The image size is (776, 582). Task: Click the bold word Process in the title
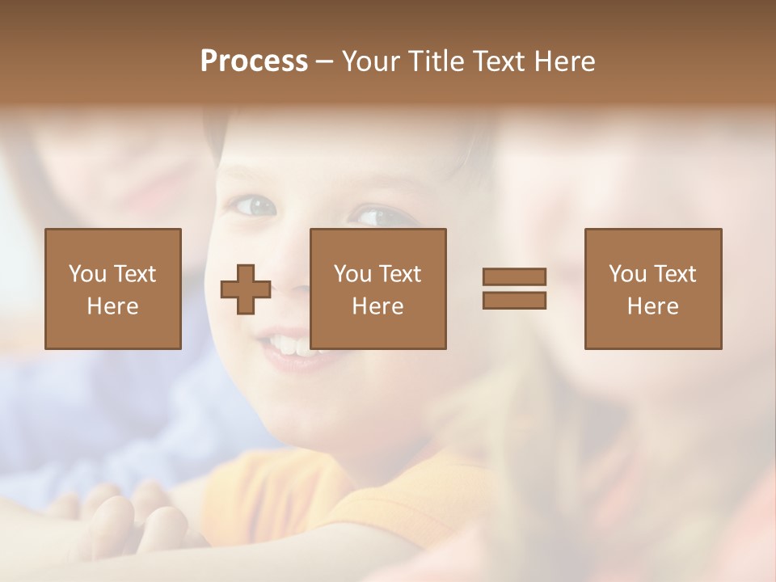254,61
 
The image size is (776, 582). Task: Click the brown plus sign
246,289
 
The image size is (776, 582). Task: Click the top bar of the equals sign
514,277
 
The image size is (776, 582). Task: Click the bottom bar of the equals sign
514,300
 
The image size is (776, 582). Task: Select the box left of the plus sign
112,289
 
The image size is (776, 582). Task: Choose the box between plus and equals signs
377,289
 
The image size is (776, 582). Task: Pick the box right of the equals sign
652,289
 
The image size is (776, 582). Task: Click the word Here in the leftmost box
112,306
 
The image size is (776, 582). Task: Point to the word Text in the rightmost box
675,274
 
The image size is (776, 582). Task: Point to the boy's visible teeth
289,345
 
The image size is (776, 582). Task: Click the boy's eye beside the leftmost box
253,206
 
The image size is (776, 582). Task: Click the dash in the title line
324,61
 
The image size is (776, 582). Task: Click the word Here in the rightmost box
652,306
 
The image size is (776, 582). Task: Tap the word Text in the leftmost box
135,274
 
